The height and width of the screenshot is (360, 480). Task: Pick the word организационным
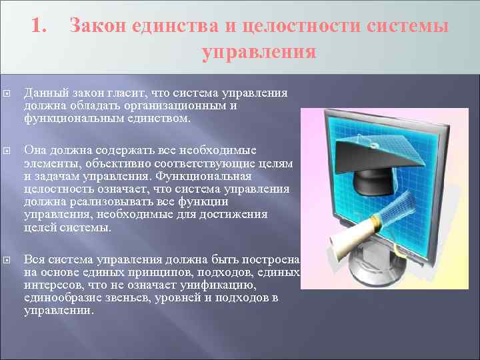[180, 106]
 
